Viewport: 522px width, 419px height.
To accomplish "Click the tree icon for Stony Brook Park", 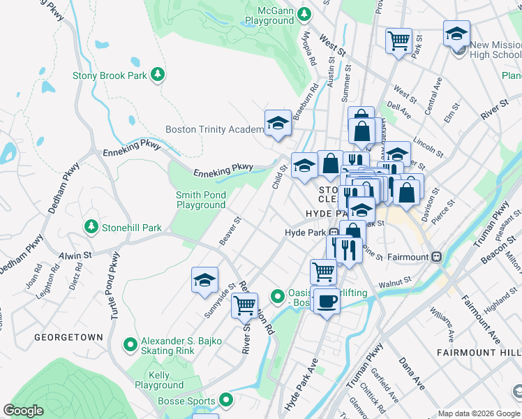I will click(158, 75).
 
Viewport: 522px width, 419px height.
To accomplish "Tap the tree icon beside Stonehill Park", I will click(91, 227).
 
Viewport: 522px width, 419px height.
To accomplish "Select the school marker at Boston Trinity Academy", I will click(277, 123).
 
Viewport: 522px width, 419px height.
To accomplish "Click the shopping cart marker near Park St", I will click(398, 40).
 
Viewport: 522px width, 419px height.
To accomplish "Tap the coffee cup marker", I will click(326, 301).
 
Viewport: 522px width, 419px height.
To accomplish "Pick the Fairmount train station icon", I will click(437, 256).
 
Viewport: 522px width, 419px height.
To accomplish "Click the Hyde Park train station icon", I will click(334, 233).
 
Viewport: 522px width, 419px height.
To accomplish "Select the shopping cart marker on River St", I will click(244, 304).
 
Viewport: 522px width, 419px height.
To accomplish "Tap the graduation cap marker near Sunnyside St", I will click(204, 279).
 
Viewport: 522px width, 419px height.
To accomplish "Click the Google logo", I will click(24, 411).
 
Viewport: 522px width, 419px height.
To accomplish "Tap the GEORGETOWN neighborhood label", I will click(69, 337).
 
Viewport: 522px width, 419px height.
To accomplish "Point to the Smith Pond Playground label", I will click(201, 200).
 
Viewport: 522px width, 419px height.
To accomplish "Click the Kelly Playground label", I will click(158, 380).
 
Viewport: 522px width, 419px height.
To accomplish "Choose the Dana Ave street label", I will click(411, 375).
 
